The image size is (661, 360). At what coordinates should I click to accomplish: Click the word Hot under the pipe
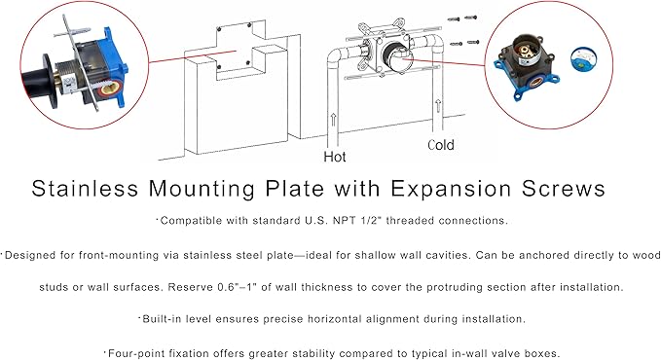(335, 157)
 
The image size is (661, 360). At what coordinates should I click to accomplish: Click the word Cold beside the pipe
(441, 145)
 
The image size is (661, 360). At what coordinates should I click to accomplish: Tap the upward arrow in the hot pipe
(334, 120)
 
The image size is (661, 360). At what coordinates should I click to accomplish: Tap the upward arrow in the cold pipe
(438, 105)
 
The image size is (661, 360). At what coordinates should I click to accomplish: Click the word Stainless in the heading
(85, 189)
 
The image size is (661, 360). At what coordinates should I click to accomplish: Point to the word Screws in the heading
(564, 189)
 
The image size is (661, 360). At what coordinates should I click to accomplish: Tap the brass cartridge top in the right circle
(526, 52)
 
